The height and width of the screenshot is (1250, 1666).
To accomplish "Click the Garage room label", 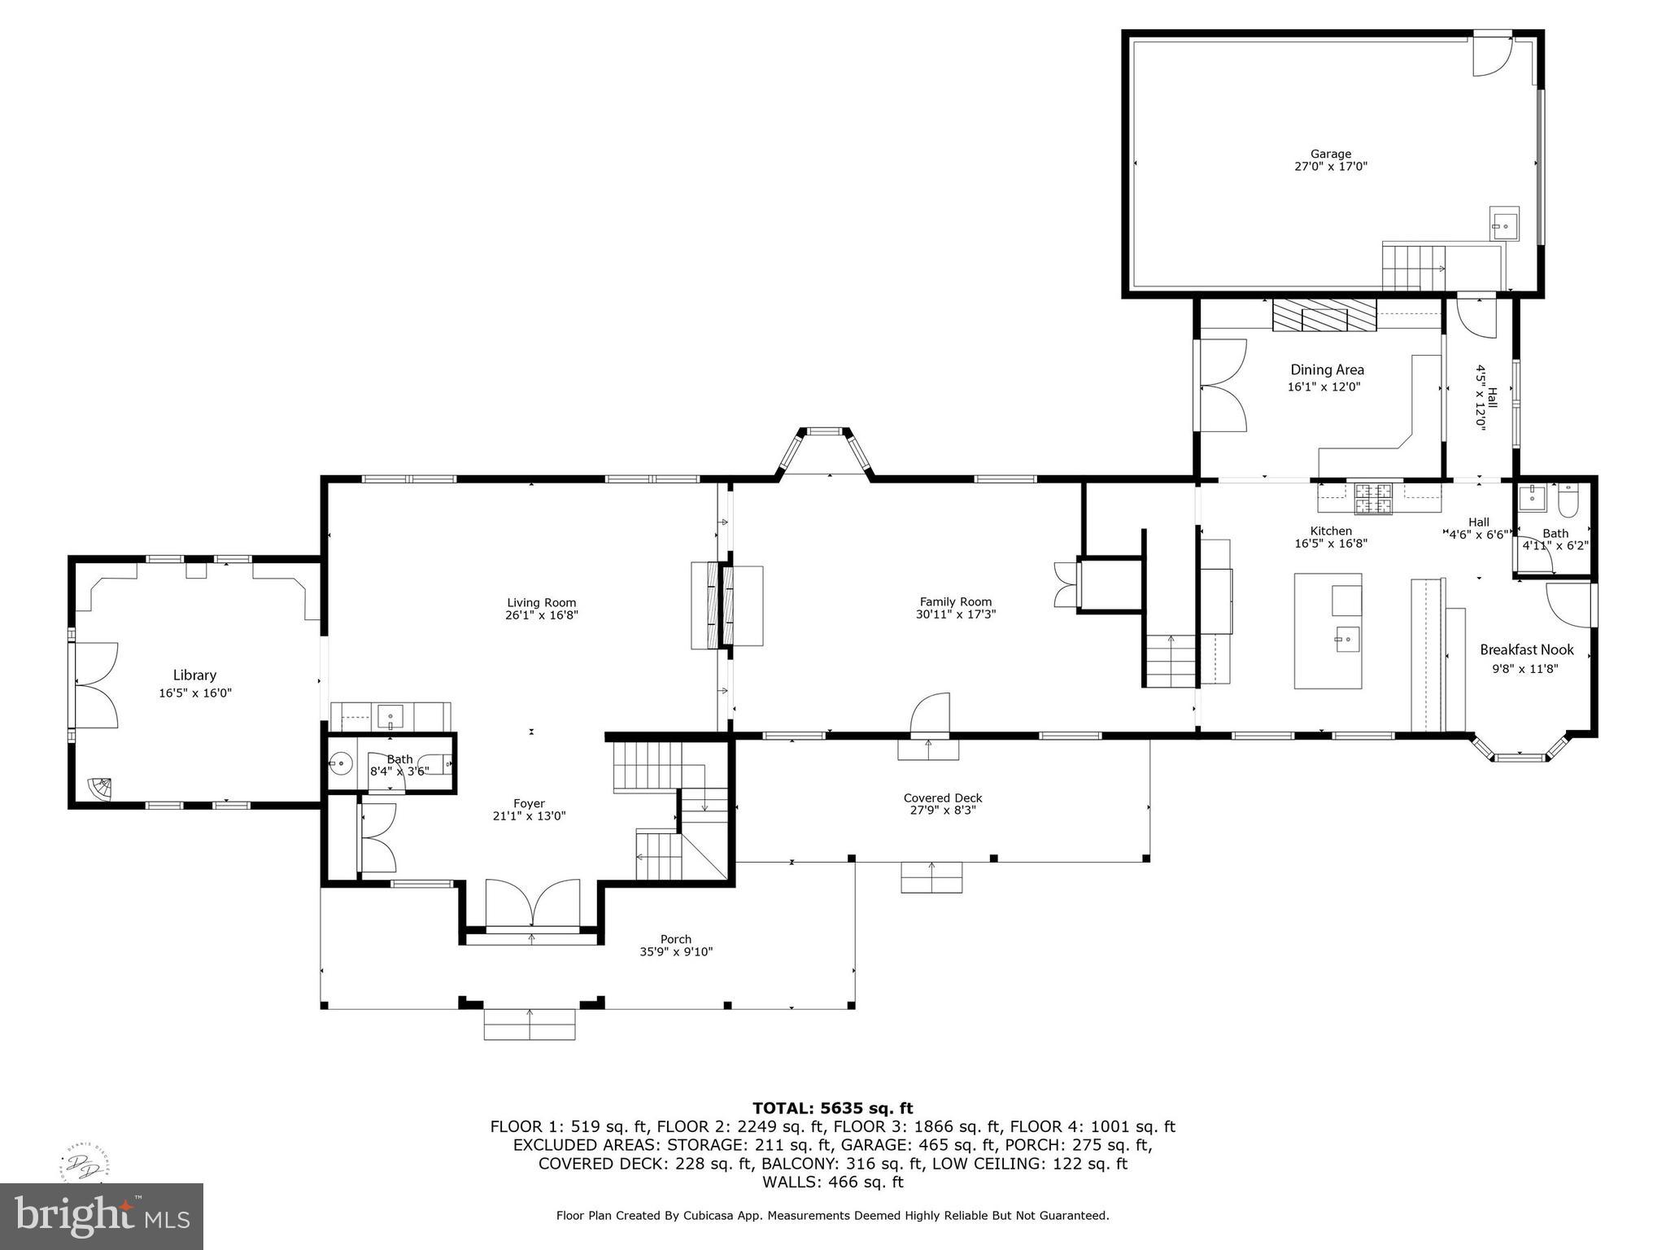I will point(1330,154).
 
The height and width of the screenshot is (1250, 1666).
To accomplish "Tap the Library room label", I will point(194,675).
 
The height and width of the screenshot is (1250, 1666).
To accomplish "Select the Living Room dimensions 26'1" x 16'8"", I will point(541,615).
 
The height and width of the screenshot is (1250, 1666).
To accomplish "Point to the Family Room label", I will point(955,602).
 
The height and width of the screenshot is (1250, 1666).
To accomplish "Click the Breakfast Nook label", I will point(1526,649).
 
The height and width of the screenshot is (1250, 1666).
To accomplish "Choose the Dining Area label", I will point(1327,369).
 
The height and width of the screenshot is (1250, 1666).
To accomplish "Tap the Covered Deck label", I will point(942,798).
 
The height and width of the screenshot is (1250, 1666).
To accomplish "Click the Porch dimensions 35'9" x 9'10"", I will point(675,951).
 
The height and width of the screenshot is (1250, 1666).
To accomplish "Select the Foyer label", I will point(529,803).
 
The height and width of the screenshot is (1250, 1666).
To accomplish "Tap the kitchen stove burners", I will point(1373,498).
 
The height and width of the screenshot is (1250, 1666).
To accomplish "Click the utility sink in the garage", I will point(1505,225).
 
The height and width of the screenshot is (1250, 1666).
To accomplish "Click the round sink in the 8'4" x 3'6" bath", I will point(341,763).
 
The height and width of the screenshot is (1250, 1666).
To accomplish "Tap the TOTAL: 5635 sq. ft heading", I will point(832,1108).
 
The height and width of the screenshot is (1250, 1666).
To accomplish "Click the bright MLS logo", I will point(102,1216).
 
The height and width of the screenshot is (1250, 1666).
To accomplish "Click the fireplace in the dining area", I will point(1324,316).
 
